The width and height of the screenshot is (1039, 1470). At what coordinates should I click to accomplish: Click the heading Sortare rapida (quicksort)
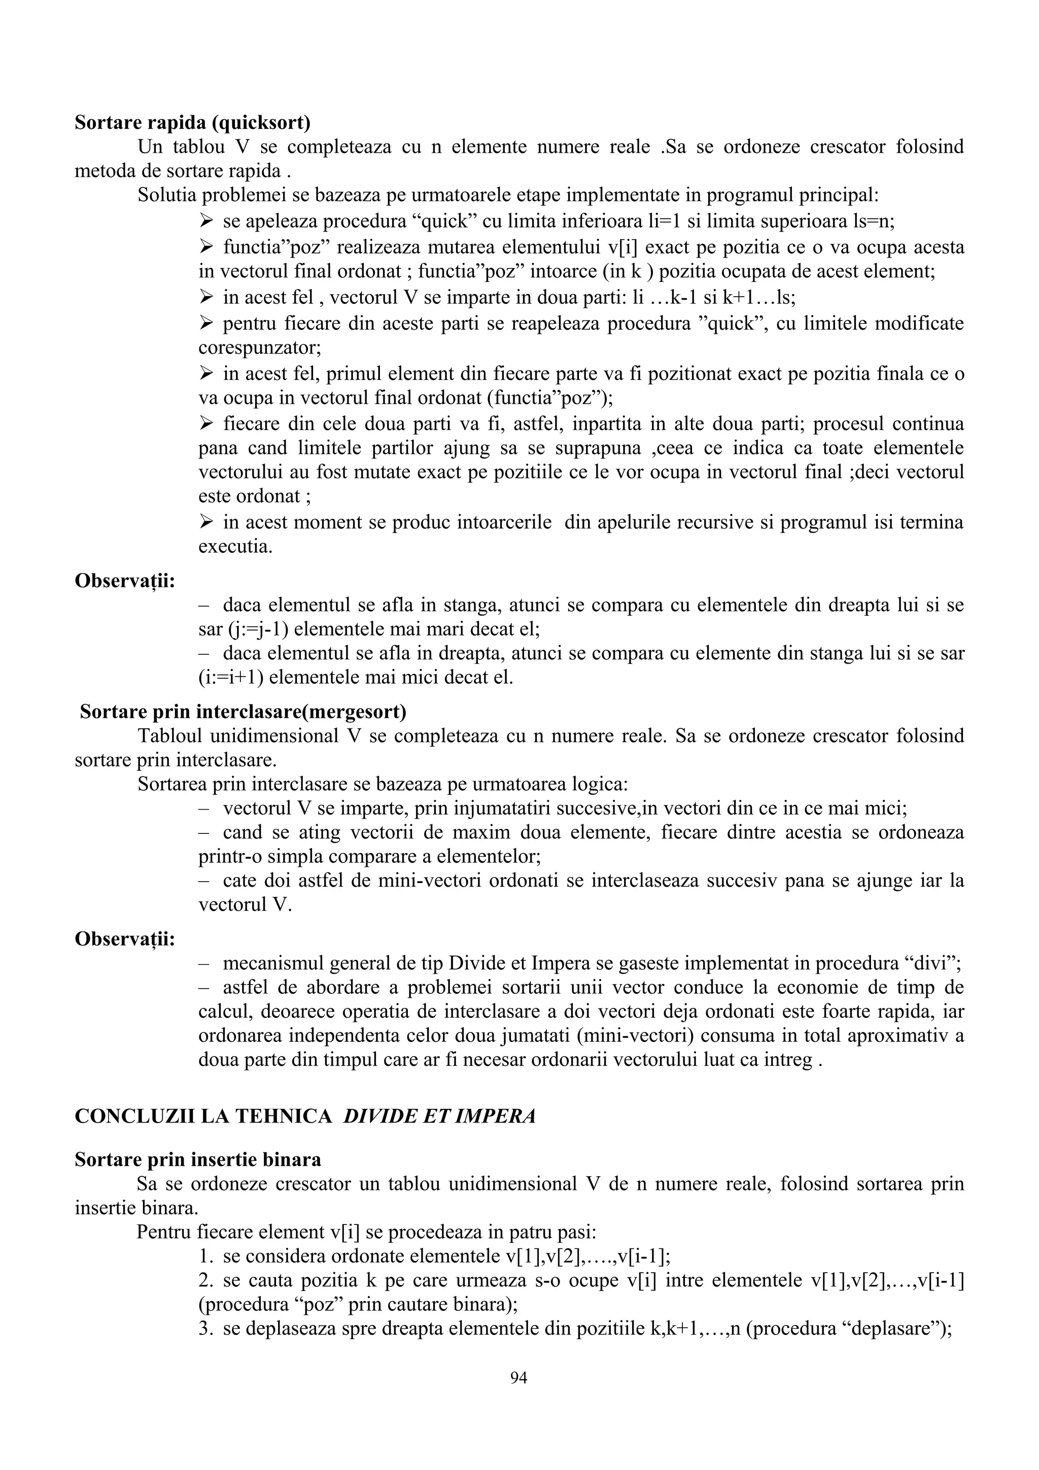[x=192, y=122]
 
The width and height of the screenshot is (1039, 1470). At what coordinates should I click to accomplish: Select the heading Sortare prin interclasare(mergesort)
[x=244, y=711]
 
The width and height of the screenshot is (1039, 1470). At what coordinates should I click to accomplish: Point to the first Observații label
[x=125, y=581]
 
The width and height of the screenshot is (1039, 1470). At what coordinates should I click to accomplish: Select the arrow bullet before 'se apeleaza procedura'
[x=205, y=222]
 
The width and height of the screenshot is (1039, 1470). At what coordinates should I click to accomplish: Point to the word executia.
[x=235, y=547]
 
